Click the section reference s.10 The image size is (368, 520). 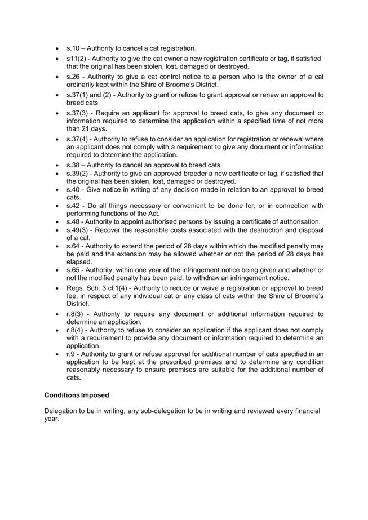coord(73,48)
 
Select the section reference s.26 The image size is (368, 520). coord(73,77)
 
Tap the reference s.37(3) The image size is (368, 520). coord(78,113)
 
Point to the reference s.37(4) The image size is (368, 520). coord(78,139)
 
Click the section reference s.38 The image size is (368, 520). coord(73,165)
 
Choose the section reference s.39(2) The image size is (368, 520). coord(78,173)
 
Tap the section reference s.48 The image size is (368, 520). coord(73,221)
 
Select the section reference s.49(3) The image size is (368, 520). coord(78,230)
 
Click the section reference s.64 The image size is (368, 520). coord(73,246)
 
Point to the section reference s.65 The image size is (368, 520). coord(73,270)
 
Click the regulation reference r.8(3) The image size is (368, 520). coord(76,313)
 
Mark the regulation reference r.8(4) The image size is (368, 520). coord(76,330)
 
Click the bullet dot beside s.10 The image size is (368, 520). coord(58,49)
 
